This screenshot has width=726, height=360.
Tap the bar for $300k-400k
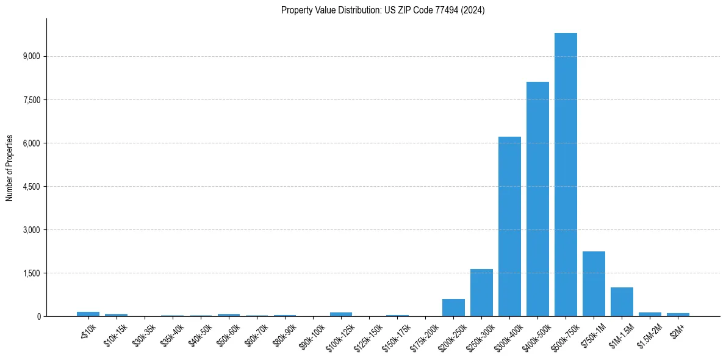509,226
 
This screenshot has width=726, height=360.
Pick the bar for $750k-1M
594,284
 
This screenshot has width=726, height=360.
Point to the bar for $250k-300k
481,292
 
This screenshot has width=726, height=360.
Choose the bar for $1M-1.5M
622,301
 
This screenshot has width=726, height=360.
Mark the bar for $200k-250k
453,308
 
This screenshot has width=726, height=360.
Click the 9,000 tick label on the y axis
31,57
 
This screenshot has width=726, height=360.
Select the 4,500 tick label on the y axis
31,187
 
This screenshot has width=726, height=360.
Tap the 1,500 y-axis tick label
31,273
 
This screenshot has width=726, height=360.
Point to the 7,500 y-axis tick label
31,100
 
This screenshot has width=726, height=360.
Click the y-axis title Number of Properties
10,168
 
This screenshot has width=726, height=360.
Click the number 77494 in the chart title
444,10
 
